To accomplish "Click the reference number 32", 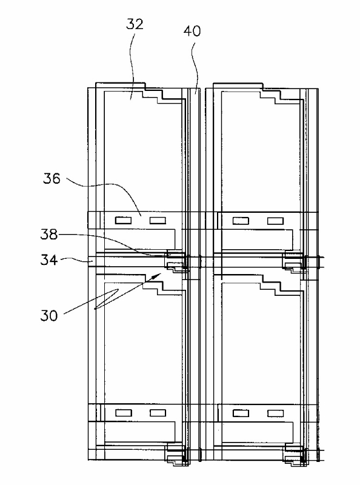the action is pos(135,24).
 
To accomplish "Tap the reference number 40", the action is pos(192,31).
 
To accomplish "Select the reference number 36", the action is pos(52,178).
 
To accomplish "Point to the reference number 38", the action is pos(49,235).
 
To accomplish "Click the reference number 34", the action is pos(49,260).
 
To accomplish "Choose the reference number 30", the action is pos(49,316).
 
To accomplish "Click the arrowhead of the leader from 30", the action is pos(157,276).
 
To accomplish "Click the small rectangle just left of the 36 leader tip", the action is pos(123,221).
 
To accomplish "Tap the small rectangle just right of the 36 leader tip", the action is pos(158,221).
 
